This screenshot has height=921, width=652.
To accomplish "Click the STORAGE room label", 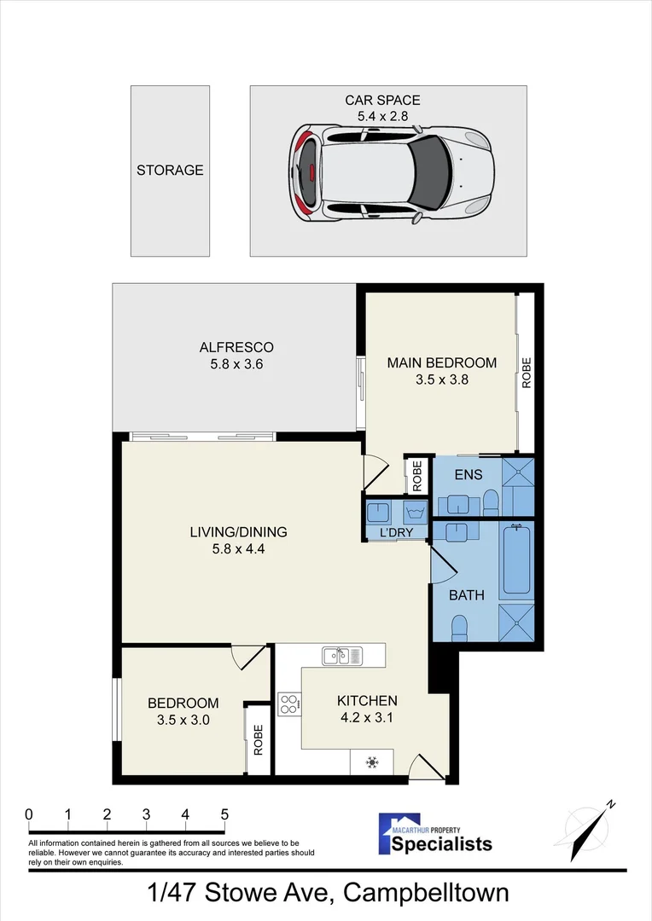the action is [x=170, y=171].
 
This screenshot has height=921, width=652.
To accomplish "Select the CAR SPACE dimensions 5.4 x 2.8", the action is [x=382, y=116].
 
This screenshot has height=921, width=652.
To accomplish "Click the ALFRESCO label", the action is [x=236, y=347].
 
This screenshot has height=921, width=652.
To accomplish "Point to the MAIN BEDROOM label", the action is [x=441, y=362].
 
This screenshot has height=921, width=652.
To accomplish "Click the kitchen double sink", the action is [x=343, y=656].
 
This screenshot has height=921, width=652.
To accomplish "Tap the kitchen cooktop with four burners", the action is [x=289, y=704].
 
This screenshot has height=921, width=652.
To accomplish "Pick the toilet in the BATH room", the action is [x=459, y=628].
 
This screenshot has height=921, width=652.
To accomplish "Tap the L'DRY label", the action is [x=396, y=533].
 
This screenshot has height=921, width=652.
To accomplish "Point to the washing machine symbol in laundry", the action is [x=415, y=513].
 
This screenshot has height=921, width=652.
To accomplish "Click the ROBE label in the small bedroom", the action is [x=258, y=740].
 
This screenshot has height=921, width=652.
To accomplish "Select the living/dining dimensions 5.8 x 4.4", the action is [x=239, y=549].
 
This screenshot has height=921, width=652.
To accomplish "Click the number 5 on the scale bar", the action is [x=224, y=814].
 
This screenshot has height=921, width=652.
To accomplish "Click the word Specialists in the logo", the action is [x=441, y=844].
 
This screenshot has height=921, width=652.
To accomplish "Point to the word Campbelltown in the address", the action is [x=426, y=894].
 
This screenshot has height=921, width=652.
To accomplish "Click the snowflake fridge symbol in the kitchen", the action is [x=371, y=762].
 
